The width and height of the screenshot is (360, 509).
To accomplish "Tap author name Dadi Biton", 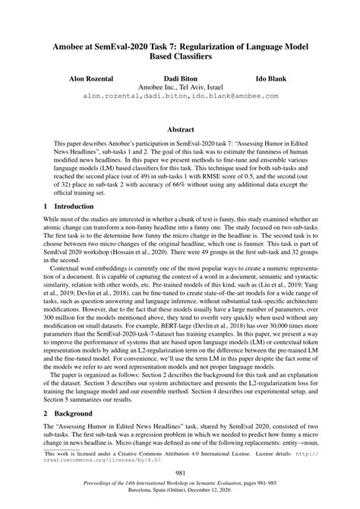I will point(179,78).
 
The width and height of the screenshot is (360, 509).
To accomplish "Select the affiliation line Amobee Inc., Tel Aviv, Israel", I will point(179,87).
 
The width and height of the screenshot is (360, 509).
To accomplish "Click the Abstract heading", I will point(180,129).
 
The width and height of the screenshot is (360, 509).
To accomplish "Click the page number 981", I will point(180,472).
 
